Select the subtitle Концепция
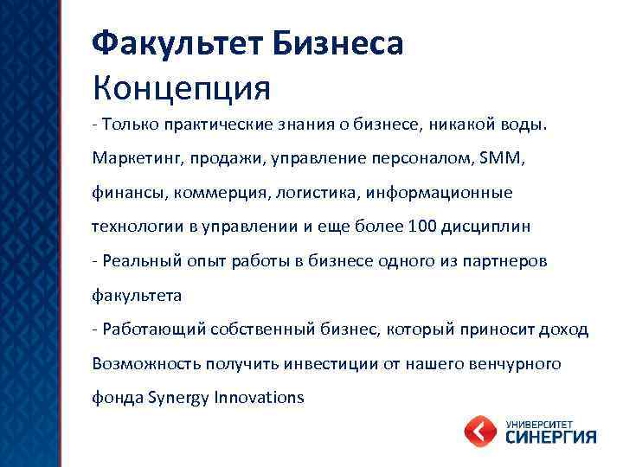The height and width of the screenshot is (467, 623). click(182, 86)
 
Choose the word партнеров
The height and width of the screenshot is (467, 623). click(506, 261)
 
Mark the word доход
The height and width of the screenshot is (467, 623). click(566, 329)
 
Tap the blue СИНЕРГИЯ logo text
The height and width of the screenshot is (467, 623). click(549, 437)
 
